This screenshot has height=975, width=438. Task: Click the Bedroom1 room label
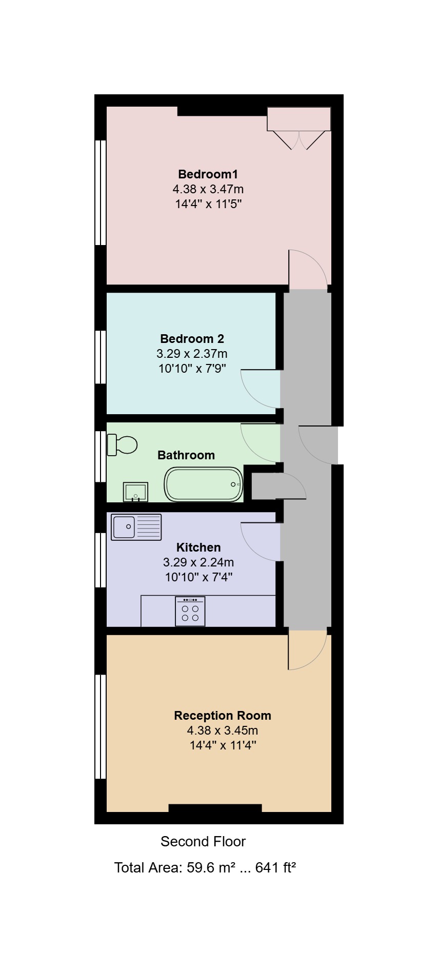coord(208,174)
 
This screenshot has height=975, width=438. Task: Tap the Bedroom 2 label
coord(192,339)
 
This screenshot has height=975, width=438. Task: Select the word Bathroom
coord(186,455)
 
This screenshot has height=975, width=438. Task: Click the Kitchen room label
coord(198,547)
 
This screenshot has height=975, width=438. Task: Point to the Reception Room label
coord(223,716)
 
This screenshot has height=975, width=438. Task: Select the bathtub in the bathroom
coord(204,484)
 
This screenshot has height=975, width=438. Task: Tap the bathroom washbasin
coord(135,492)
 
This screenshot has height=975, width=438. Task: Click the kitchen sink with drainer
coord(136,527)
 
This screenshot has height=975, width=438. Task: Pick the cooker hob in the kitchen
coord(190,611)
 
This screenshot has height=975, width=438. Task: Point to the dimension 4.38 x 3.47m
coord(208,190)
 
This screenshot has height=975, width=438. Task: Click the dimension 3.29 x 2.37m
coord(192,354)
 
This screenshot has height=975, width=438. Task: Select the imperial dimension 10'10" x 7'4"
coord(198,577)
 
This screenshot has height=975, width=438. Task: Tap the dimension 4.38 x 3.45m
coord(223,730)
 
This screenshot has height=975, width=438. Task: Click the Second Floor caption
coord(203,842)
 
